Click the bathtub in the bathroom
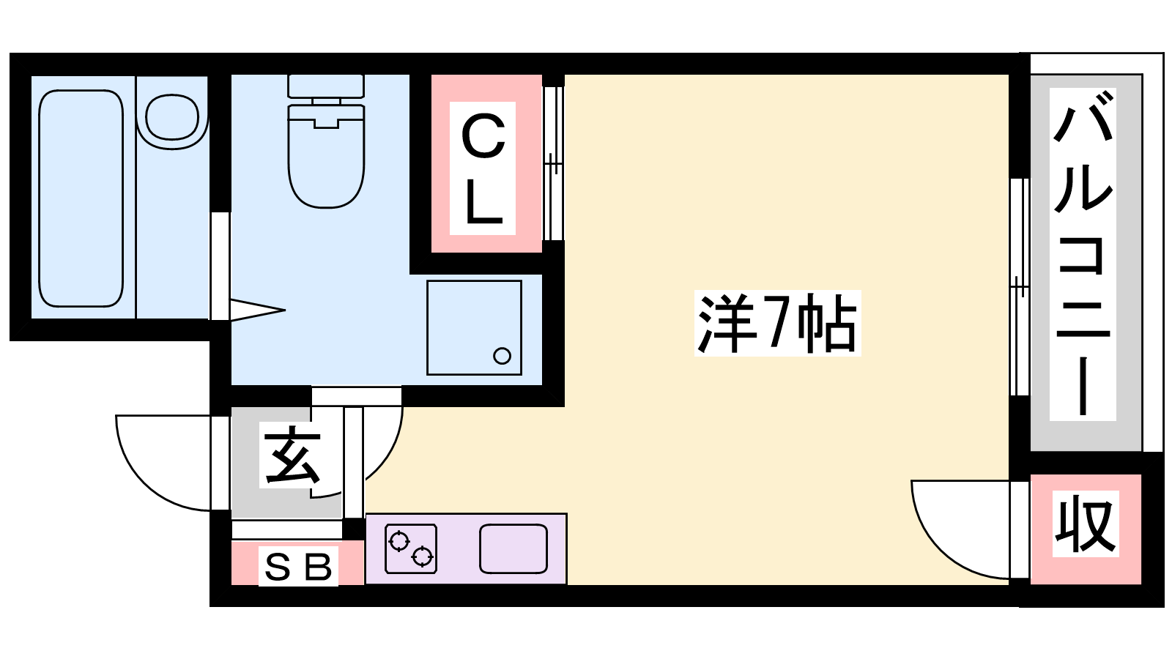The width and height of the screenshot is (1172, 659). click(81, 198)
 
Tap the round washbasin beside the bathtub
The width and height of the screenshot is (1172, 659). click(172, 117)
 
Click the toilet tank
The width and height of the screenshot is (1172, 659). click(326, 86)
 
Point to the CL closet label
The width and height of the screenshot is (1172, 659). click(483, 168)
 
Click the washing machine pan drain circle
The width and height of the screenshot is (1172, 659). click(502, 356)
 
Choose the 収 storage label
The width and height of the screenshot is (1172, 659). click(1086, 524)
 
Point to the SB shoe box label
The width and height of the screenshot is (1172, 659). click(298, 567)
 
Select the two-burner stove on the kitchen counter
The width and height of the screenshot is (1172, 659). click(411, 549)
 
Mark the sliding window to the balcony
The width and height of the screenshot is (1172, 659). click(1019, 286)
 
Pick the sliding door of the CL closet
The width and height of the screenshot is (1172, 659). click(554, 163)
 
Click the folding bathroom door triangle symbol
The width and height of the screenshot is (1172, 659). click(256, 310)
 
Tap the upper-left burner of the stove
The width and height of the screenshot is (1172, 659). click(399, 541)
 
